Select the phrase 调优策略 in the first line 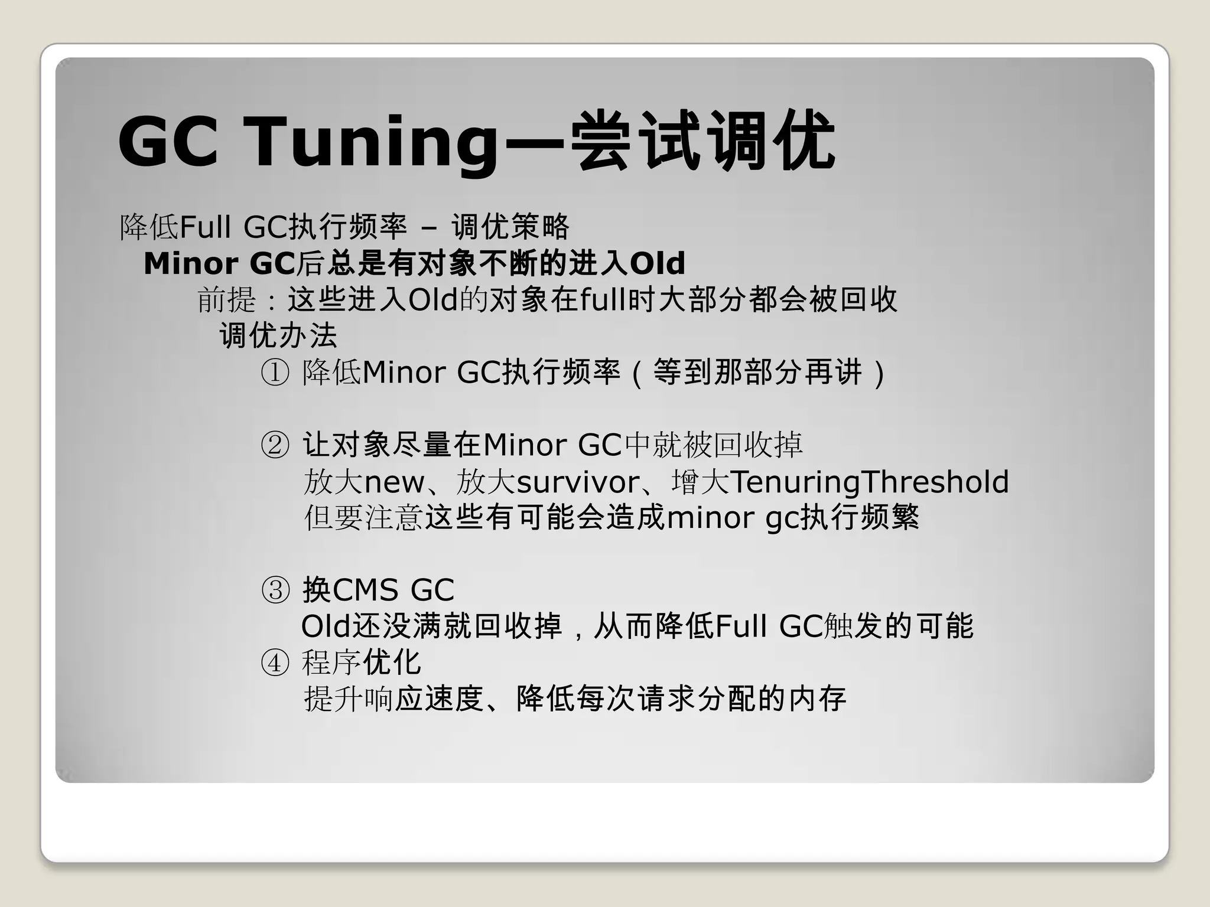pos(510,227)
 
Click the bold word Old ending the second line pos(658,263)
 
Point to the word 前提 pos(226,300)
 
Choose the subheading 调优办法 pos(278,336)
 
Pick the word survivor pos(578,482)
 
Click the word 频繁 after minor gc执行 pos(889,518)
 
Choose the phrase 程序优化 pos(362,663)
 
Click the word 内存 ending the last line pos(817,699)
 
